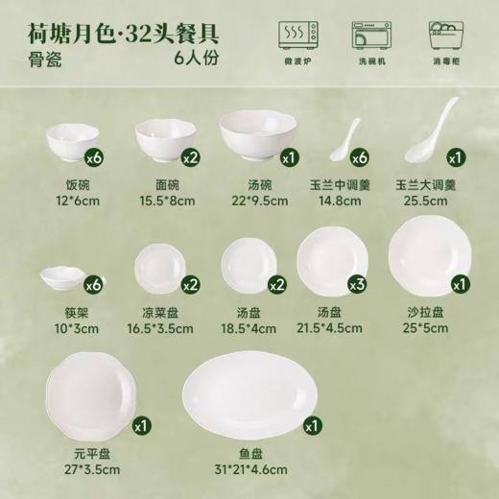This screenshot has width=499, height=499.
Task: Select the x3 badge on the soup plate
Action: pos(356,285)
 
